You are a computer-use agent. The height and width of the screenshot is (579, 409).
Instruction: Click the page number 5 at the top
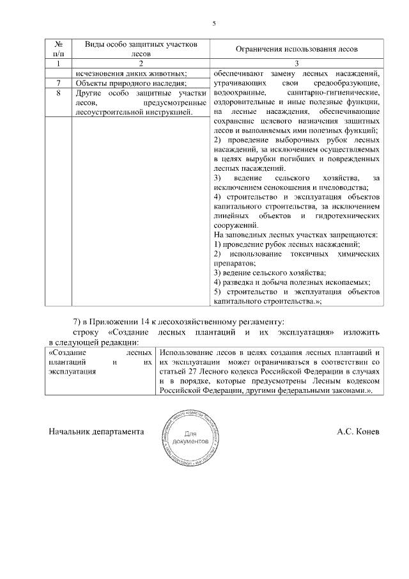click(x=214, y=24)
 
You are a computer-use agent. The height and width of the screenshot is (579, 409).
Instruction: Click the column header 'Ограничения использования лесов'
click(x=297, y=49)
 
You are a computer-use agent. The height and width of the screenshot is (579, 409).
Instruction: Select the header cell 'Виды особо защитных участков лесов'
click(x=140, y=49)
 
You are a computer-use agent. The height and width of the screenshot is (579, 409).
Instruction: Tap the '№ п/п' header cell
click(x=59, y=49)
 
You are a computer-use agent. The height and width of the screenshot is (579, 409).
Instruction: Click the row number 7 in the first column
click(x=59, y=83)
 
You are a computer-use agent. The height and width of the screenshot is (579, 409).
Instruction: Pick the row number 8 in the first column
click(x=59, y=93)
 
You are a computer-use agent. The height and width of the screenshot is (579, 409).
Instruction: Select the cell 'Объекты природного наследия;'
click(x=131, y=83)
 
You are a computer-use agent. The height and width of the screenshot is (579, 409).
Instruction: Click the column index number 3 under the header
click(x=297, y=63)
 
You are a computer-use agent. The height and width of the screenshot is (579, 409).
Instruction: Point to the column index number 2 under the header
click(x=140, y=63)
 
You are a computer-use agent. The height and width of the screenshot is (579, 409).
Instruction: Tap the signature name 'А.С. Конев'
click(x=359, y=432)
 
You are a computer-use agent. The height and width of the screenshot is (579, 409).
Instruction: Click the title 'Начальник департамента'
click(x=95, y=432)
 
